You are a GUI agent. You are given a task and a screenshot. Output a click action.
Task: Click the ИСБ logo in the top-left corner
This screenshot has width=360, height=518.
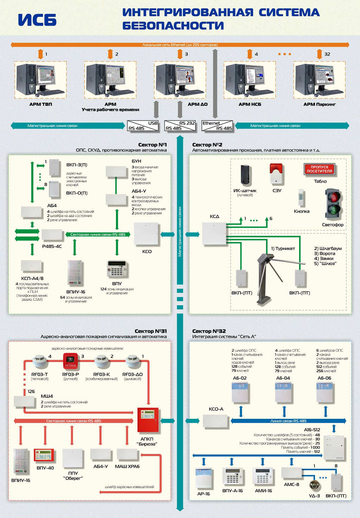coord(37,20)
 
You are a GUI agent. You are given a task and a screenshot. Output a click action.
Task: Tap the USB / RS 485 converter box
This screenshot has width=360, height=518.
coord(143,126)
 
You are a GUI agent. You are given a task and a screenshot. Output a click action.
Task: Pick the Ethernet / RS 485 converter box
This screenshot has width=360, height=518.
coord(217,126)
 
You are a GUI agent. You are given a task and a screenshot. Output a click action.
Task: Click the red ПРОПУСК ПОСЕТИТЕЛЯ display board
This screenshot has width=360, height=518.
coord(319,169)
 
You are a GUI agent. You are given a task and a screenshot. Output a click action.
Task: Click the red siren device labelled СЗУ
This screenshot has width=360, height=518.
coord(277,174)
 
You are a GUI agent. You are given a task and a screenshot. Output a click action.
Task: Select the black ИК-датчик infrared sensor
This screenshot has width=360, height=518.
coord(245,175)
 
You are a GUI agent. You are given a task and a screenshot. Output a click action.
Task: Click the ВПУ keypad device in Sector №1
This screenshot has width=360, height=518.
coord(116,269)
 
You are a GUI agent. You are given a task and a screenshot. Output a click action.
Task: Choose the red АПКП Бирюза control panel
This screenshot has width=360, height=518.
coord(148,420)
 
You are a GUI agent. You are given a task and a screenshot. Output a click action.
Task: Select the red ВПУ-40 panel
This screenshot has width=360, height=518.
coord(44,455)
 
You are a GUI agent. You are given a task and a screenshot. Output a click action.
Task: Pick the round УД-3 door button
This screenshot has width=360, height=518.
coord(314,485)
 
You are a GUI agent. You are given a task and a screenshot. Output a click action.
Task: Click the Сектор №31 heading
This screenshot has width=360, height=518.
coord(151,331)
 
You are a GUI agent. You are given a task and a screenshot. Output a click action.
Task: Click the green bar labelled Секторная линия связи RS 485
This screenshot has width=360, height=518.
coord(97,235)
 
